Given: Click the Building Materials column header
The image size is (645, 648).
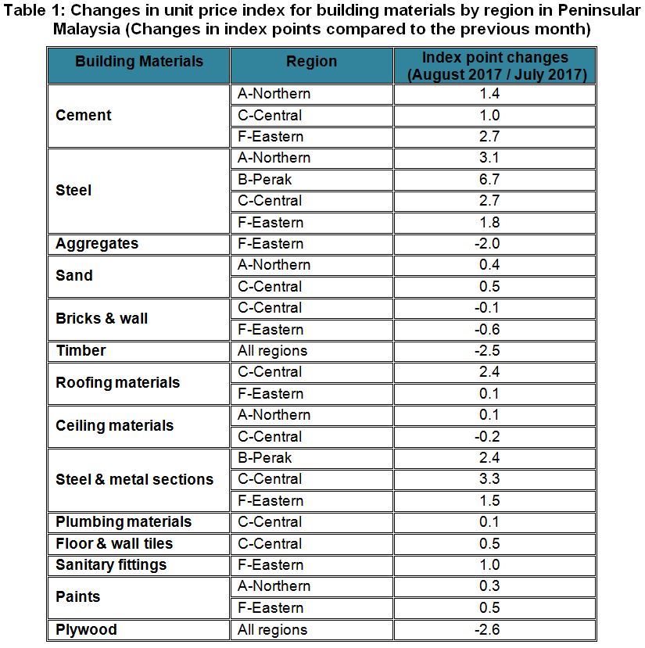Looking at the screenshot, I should point(138,62).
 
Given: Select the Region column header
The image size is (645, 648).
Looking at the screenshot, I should point(311,62).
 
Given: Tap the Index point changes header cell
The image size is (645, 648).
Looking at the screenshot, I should point(495,66).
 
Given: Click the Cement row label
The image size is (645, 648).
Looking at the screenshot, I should point(84,116).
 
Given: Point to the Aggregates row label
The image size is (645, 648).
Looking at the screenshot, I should point(96,244).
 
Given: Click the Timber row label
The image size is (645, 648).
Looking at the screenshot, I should point(81,351).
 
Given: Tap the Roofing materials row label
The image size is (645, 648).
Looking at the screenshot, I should point(117,383).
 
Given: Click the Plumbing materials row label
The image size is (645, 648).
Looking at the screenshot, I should point(124,522).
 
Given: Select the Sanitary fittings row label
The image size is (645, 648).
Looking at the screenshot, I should point(111,565).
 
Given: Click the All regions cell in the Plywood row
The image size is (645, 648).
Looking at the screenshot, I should point(272,629).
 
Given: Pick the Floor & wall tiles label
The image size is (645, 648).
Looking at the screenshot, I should point(114,543).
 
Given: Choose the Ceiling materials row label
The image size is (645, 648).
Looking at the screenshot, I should point(114,426).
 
